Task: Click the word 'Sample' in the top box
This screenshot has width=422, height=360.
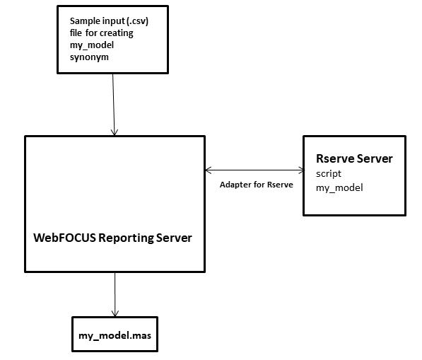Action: [83, 21]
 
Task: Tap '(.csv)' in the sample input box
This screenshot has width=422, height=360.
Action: [137, 21]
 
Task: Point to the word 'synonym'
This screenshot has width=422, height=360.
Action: [89, 57]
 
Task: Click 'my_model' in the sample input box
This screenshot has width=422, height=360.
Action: [92, 45]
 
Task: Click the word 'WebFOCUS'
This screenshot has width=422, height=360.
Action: [64, 238]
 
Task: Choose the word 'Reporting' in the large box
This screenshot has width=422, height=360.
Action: [126, 238]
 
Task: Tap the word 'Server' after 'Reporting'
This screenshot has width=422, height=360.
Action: [174, 238]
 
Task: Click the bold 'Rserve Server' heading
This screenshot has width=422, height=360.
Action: [354, 158]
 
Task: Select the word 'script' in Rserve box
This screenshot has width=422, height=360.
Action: [329, 174]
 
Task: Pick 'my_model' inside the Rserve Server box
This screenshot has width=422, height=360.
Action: [339, 187]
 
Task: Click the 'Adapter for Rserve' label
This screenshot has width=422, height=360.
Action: [256, 185]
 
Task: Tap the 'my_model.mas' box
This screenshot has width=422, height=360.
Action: [115, 334]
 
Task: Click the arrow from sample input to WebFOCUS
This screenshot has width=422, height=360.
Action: [114, 105]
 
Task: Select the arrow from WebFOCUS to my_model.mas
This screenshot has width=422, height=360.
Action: [115, 294]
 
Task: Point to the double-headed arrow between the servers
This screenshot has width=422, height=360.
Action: [254, 170]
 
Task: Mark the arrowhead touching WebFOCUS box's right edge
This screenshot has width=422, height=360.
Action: [208, 170]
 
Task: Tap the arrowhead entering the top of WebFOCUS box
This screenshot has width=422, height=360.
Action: [115, 132]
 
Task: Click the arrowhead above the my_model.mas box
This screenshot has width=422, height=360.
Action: [115, 313]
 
